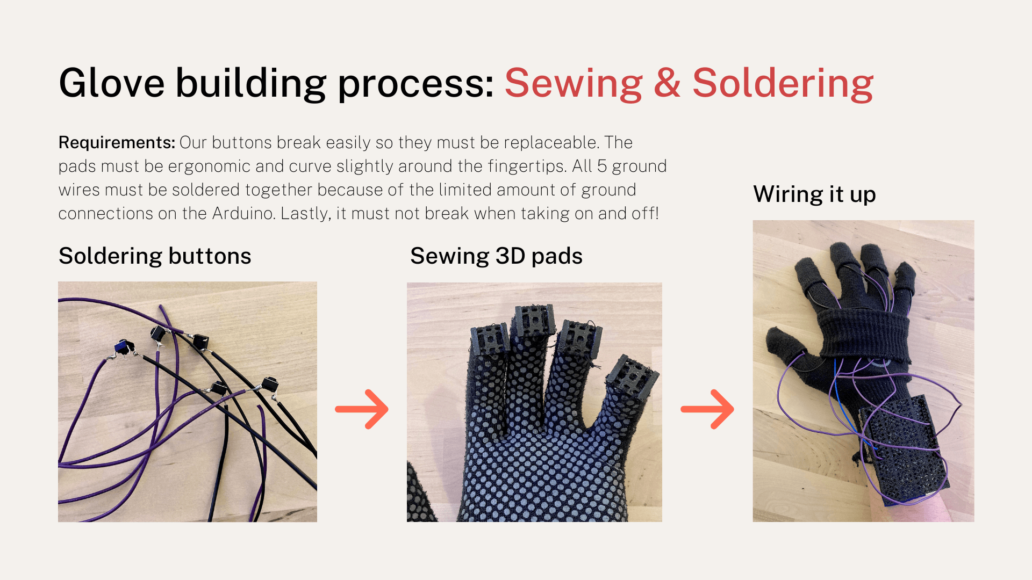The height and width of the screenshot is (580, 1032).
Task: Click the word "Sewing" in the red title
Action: click(x=574, y=84)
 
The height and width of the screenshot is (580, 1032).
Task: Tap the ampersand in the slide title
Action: click(x=668, y=83)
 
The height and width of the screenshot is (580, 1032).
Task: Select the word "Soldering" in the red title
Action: click(x=783, y=84)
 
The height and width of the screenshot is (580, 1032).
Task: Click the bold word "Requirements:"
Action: click(x=117, y=143)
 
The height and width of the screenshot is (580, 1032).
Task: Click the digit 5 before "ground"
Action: click(x=602, y=166)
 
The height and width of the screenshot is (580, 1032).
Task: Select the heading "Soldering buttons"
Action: click(x=155, y=256)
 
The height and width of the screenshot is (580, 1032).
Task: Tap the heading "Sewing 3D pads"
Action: click(x=496, y=256)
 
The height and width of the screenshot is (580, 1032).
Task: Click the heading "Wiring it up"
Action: click(x=814, y=194)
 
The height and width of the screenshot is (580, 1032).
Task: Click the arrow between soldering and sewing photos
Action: click(x=361, y=409)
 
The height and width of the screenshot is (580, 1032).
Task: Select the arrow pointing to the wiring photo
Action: click(x=707, y=409)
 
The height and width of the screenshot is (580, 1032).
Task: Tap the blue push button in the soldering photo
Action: click(x=124, y=347)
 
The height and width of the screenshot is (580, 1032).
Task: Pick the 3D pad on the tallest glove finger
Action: click(x=534, y=320)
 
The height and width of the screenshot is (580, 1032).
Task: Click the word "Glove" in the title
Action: click(x=112, y=83)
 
